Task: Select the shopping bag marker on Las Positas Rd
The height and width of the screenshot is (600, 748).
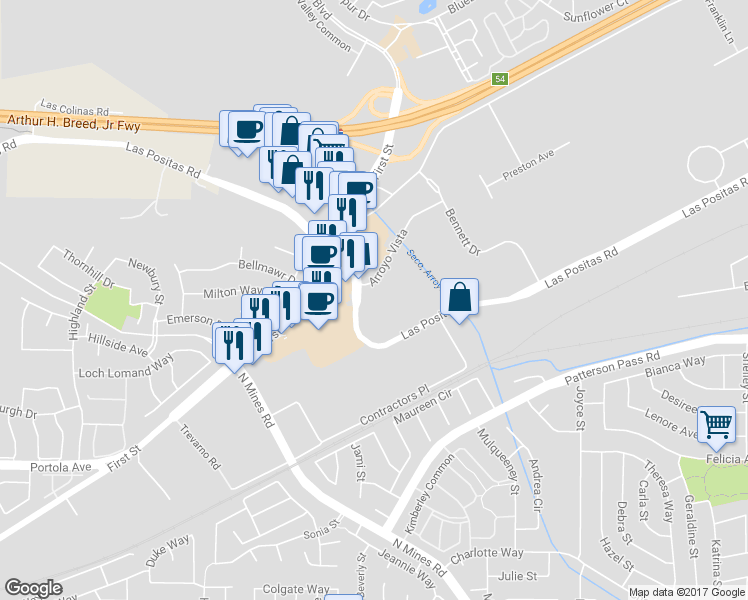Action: pyautogui.click(x=459, y=297)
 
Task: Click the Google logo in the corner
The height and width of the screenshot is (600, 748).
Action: pyautogui.click(x=33, y=588)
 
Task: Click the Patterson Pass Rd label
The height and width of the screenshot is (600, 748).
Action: pyautogui.click(x=612, y=369)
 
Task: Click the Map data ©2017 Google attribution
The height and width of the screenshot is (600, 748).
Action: pyautogui.click(x=686, y=592)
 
